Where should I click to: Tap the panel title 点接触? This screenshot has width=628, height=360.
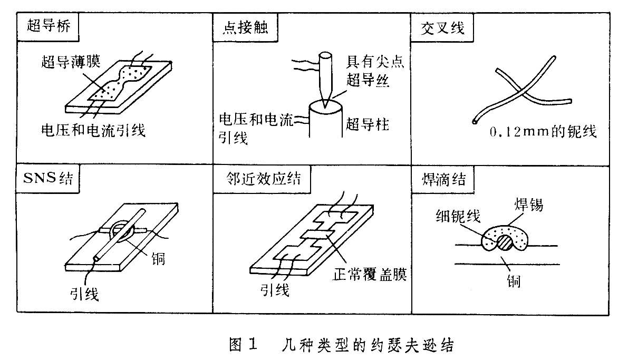pyautogui.click(x=241, y=27)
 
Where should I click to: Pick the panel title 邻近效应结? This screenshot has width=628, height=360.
pyautogui.click(x=262, y=179)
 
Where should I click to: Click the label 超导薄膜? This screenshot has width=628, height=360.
pyautogui.click(x=71, y=62)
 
